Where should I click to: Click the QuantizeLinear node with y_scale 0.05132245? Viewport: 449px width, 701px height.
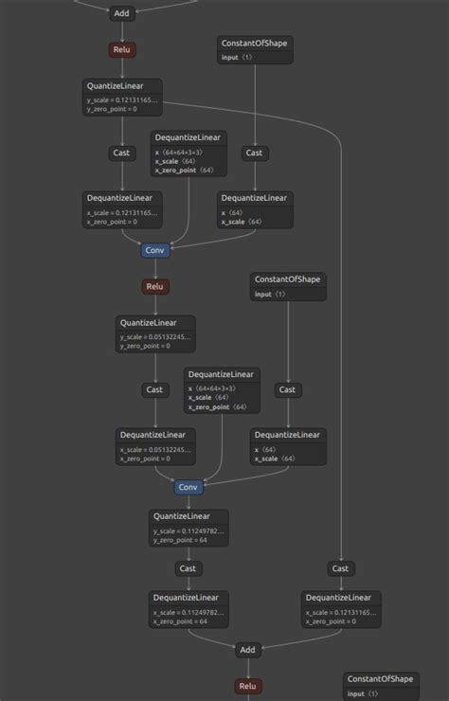pos(155,334)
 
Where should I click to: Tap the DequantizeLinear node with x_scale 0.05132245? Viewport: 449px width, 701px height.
pos(155,446)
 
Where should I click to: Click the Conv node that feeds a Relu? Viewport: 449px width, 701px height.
pos(155,250)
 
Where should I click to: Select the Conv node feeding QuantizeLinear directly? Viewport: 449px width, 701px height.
pos(189,487)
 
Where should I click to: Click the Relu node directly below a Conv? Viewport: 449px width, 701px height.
pos(155,286)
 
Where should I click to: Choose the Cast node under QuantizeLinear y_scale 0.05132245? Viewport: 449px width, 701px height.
pos(154,389)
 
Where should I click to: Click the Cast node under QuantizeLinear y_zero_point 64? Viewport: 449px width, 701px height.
pos(188,568)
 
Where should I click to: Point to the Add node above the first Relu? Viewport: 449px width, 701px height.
pos(121,13)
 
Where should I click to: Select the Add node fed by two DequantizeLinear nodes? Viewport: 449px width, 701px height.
pos(247,650)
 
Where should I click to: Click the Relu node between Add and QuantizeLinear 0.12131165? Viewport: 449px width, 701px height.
pos(122,49)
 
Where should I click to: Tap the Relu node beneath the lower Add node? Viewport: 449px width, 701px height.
pos(247,686)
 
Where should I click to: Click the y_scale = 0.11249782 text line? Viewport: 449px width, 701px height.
pos(188,531)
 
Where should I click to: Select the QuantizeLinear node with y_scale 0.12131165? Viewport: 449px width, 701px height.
pos(122,98)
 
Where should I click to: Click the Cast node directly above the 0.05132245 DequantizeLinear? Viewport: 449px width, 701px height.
pos(154,389)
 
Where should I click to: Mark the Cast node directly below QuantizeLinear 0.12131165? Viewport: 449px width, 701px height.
pos(122,153)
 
